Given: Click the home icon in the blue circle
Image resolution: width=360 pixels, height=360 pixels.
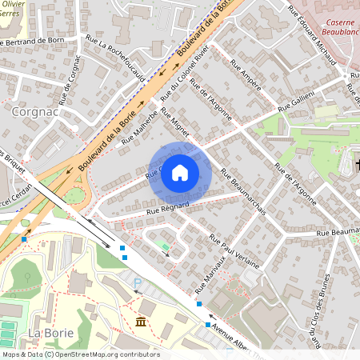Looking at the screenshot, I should point(180,173).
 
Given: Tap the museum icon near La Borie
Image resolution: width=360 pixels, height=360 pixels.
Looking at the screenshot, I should point(141,322).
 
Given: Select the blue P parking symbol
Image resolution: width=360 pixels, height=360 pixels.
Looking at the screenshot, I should point(137,282).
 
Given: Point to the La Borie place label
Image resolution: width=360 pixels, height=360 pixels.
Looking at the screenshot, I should point(46,332).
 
